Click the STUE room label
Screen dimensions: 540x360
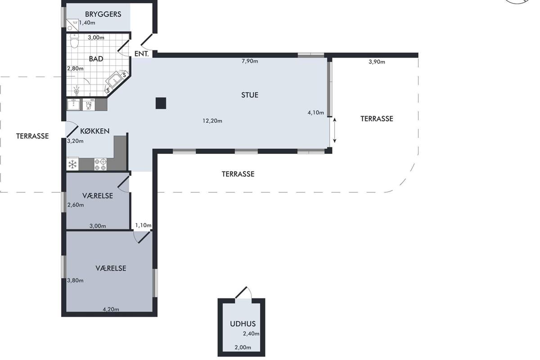[x=250, y=95]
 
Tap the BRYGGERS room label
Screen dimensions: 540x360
[x=103, y=14]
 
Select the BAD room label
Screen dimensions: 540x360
[x=96, y=59]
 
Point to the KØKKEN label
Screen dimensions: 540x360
[x=95, y=131]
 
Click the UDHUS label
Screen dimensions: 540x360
[x=243, y=324]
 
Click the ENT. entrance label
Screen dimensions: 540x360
[x=141, y=54]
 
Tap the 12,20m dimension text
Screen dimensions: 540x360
[x=212, y=121]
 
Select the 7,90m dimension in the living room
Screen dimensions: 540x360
[x=250, y=61]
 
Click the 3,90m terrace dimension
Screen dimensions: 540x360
[x=377, y=62]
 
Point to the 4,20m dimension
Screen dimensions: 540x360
[x=111, y=309]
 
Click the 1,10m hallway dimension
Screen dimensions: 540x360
[x=143, y=225]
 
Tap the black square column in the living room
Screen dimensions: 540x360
[x=161, y=103]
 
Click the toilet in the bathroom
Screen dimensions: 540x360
[x=75, y=41]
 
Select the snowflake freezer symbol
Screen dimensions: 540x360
[x=72, y=164]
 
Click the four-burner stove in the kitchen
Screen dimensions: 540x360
[x=100, y=164]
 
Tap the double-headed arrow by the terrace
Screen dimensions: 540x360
[x=335, y=130]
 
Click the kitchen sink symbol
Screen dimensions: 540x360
[x=73, y=105]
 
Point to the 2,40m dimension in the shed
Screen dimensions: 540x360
[x=251, y=334]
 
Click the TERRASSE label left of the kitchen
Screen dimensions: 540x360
[x=32, y=136]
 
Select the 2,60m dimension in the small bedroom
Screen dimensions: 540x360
[x=76, y=205]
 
